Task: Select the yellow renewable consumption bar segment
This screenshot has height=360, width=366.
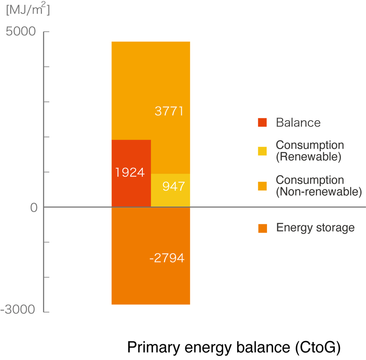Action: click(x=170, y=196)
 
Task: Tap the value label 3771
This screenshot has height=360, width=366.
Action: click(x=169, y=111)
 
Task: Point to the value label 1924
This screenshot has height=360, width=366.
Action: click(x=130, y=173)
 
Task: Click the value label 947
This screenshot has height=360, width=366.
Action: click(x=173, y=186)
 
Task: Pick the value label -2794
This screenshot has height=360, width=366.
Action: click(x=167, y=258)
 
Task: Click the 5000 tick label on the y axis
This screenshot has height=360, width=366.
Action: click(x=21, y=32)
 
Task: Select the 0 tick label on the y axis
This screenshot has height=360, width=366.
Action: click(x=34, y=208)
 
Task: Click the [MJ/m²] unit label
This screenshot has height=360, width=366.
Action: click(x=28, y=10)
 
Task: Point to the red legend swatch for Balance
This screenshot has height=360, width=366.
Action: click(x=262, y=122)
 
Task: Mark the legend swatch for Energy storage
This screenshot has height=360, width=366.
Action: click(x=262, y=228)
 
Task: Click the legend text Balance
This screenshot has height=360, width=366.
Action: click(x=298, y=123)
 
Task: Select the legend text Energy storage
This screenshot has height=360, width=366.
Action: click(x=315, y=228)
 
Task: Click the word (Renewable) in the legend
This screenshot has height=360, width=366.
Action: click(x=308, y=157)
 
